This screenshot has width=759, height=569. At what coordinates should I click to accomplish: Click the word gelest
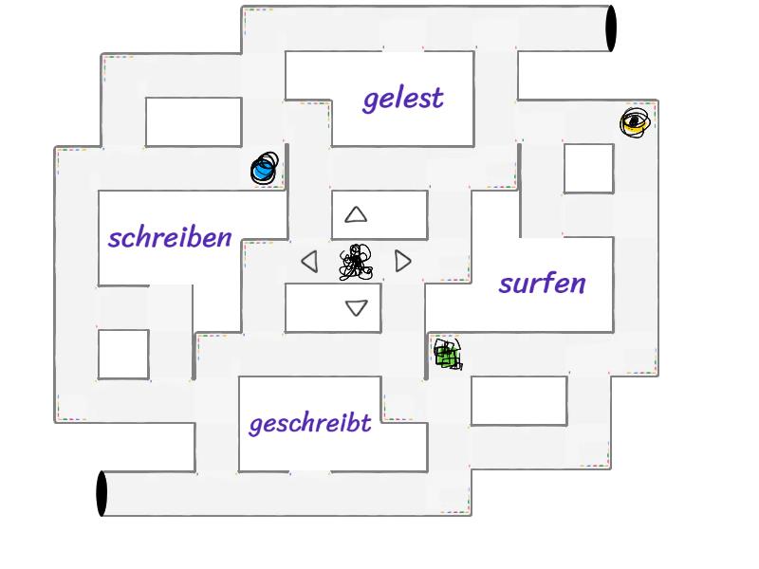tap(402, 100)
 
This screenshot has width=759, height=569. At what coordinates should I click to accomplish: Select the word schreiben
tap(170, 238)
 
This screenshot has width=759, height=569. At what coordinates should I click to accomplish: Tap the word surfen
tap(542, 283)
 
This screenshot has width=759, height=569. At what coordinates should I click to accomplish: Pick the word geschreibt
tap(310, 424)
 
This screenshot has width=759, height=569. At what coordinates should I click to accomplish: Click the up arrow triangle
tap(356, 215)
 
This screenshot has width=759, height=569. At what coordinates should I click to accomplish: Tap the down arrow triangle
tap(357, 307)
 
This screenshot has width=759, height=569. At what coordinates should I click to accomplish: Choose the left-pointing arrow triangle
tap(310, 262)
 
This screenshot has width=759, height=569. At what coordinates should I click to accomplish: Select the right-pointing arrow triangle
tap(402, 262)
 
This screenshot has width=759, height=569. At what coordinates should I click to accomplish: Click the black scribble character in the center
tap(356, 262)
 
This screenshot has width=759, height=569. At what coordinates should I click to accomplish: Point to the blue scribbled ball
tap(265, 169)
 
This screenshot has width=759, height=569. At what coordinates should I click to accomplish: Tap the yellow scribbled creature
tap(635, 122)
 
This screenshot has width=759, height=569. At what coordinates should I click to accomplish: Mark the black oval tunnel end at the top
tap(611, 28)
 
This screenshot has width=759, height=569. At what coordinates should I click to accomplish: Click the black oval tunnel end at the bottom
tap(102, 493)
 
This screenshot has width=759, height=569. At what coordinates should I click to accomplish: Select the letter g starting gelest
tap(371, 102)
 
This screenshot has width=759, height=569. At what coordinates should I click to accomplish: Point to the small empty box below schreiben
tap(123, 355)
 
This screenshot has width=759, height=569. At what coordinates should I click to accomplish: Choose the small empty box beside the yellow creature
tap(588, 169)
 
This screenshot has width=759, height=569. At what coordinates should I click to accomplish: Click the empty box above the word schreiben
tap(194, 122)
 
